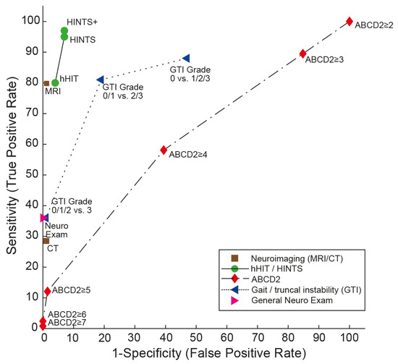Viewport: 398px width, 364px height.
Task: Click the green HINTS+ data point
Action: point(64,31)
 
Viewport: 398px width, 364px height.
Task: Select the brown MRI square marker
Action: point(46,83)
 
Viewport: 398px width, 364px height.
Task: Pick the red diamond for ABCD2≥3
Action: point(302,54)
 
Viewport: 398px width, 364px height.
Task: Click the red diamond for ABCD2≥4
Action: point(164,150)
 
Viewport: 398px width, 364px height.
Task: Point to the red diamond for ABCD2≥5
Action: point(47,291)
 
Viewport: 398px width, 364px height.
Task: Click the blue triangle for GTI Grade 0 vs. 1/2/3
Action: point(186,59)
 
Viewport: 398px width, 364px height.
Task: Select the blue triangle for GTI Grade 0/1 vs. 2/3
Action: point(101,79)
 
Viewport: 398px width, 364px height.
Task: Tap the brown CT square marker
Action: point(46,240)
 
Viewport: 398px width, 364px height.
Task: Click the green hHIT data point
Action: point(55,82)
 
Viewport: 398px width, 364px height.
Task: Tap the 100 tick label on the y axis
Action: point(26,21)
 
